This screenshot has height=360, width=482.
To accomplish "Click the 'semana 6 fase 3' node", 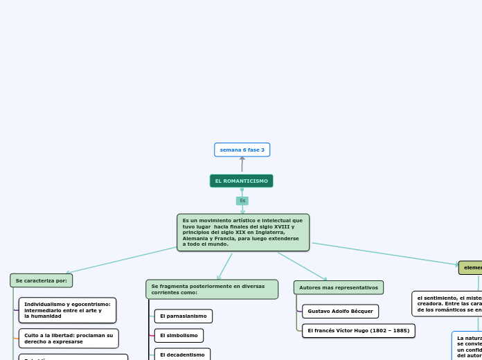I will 242,150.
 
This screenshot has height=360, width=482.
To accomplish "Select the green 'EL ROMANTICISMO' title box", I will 242,181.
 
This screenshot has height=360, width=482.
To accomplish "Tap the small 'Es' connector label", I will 242,201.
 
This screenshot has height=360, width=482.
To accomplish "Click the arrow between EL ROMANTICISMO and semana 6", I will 242,165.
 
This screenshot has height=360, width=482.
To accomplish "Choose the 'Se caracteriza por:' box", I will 42,280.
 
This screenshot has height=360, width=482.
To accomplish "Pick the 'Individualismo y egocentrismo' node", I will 67,310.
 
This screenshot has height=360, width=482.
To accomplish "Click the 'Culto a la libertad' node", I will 69,339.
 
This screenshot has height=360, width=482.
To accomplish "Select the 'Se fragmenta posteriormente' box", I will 212,289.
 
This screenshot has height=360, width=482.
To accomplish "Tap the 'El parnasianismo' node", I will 183,316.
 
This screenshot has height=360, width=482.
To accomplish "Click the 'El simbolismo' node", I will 179,336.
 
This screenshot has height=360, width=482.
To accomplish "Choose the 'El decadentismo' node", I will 182,354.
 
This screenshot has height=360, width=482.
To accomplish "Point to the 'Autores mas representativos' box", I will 339,287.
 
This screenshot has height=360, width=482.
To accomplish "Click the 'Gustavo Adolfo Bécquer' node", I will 341,312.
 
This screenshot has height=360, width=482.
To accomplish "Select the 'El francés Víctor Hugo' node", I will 359,331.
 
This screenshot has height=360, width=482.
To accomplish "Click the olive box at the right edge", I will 471,267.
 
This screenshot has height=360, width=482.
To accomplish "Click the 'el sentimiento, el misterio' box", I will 447,303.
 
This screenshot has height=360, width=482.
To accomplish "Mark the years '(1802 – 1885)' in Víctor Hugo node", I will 386,331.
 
